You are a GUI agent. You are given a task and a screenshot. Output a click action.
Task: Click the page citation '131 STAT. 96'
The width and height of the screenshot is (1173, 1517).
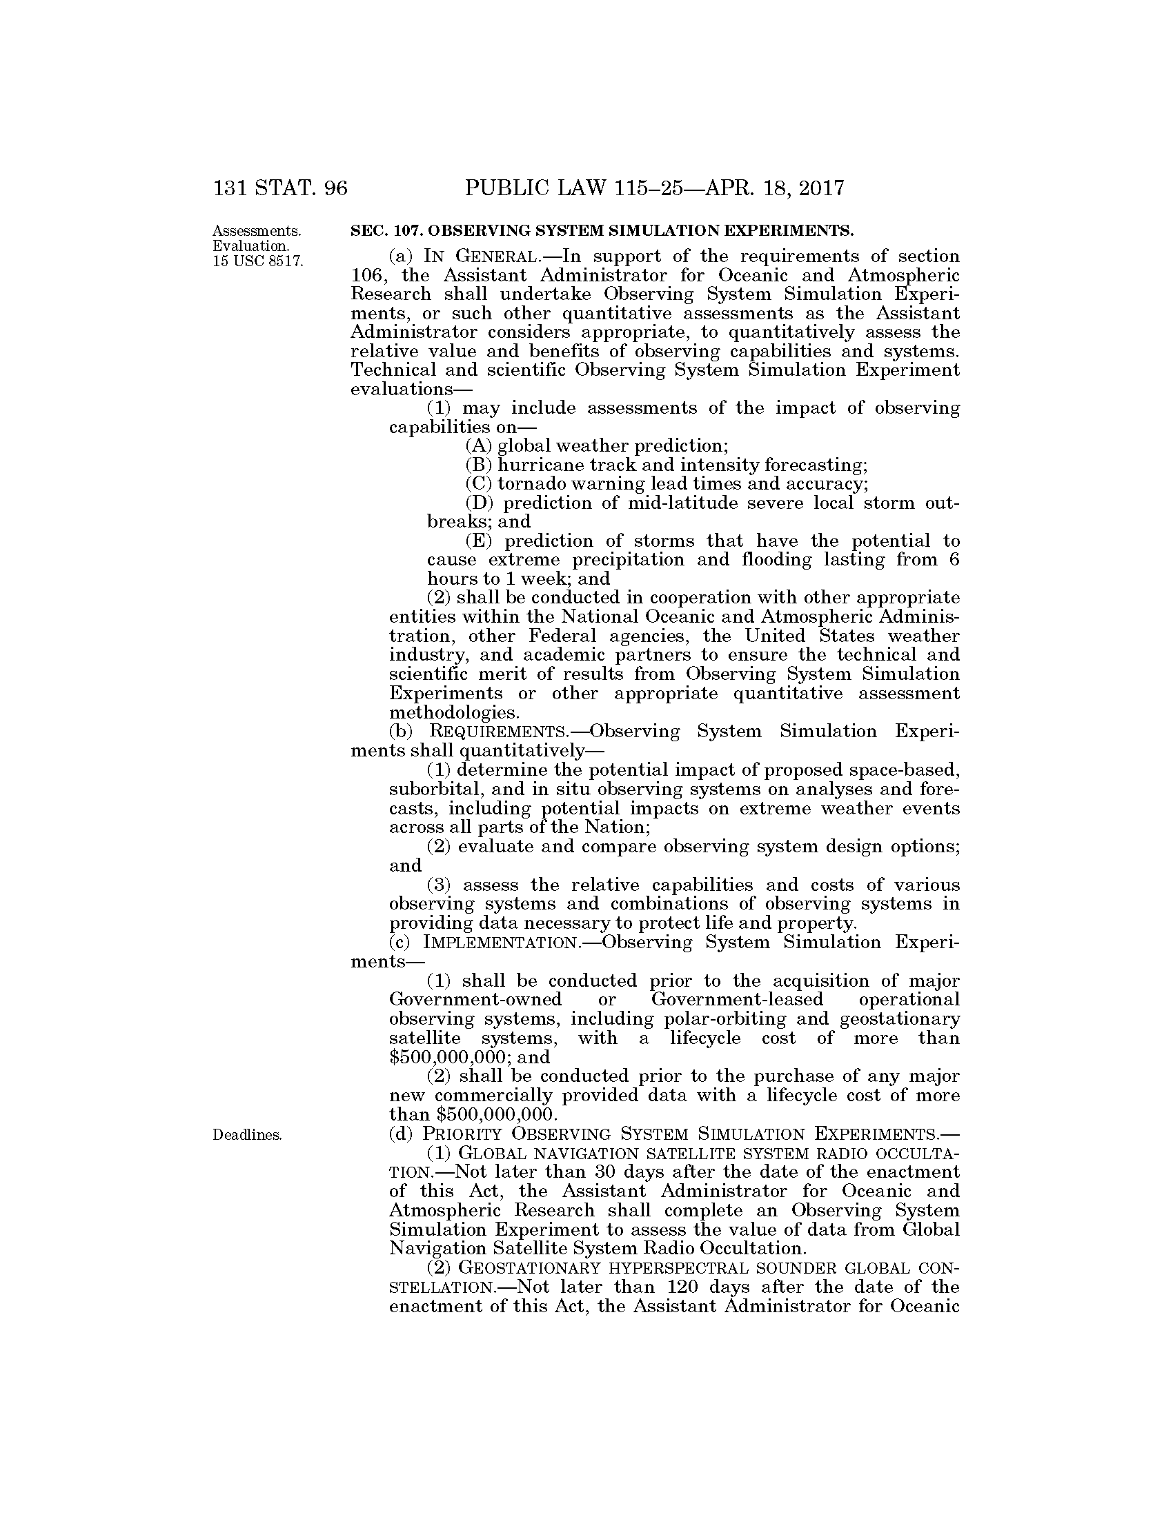[x=280, y=188]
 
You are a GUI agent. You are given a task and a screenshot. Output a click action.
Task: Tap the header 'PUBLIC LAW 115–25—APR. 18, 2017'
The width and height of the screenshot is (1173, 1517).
[x=655, y=188]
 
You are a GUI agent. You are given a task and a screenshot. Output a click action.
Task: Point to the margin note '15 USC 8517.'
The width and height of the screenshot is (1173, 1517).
[x=258, y=261]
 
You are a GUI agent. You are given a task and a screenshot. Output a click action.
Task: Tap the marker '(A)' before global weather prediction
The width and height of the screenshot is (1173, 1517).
[x=479, y=445]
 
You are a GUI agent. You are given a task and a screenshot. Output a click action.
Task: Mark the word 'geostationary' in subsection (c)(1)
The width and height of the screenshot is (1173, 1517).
[x=900, y=1019]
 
